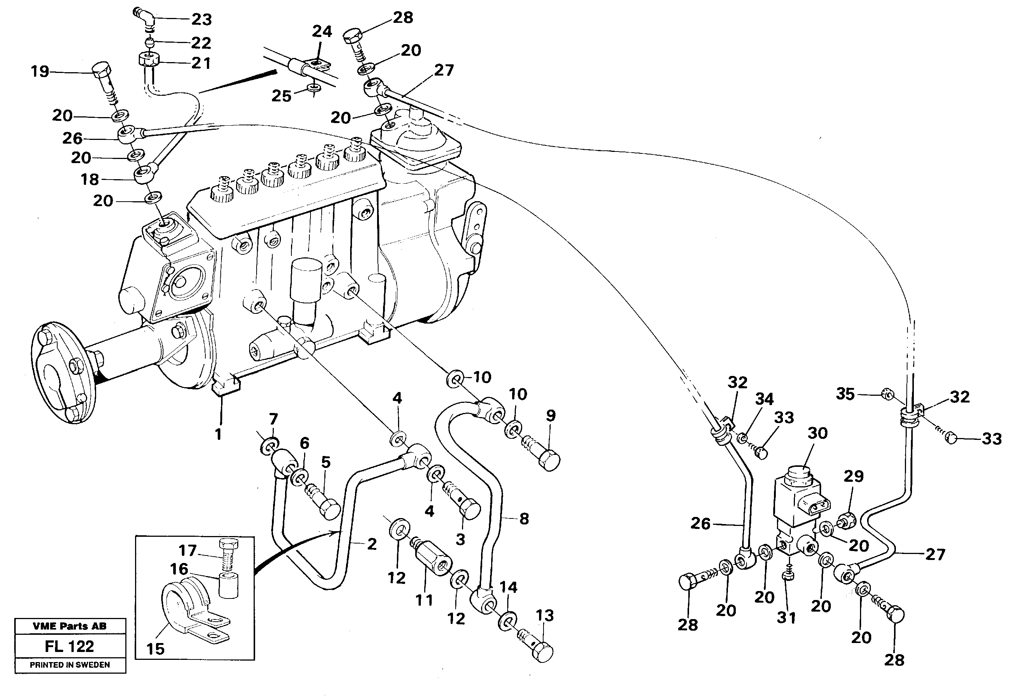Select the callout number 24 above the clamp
click(x=322, y=31)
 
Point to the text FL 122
click(x=70, y=646)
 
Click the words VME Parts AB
click(x=70, y=626)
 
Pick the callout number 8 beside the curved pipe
click(x=524, y=519)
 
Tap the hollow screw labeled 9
click(x=547, y=457)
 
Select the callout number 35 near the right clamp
click(x=845, y=394)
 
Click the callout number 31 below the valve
click(x=787, y=618)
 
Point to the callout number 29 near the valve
click(x=854, y=476)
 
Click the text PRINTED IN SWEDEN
click(x=70, y=665)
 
